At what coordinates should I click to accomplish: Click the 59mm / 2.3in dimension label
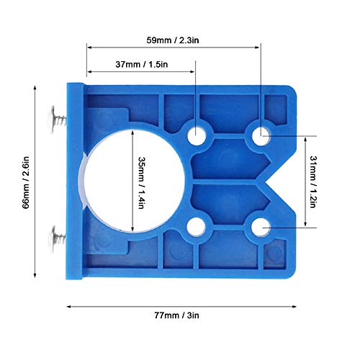tap(173, 40)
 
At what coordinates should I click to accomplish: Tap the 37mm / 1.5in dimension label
tap(142, 64)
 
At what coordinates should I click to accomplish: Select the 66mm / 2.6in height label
tap(26, 182)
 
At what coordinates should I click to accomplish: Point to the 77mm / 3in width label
tap(177, 315)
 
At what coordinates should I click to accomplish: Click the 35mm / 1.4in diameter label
tap(142, 183)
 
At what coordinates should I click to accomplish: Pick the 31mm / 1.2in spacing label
tap(313, 181)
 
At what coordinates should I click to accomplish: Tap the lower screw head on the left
tap(53, 238)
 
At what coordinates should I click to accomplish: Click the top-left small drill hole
tap(197, 136)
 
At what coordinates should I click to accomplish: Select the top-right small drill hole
tap(261, 136)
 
